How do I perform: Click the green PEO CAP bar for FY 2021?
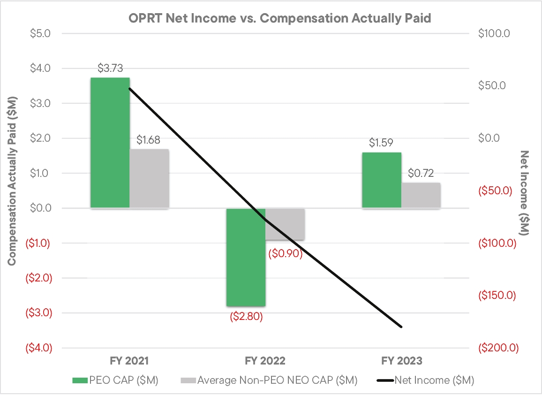(110, 143)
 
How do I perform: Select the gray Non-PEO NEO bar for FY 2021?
(149, 179)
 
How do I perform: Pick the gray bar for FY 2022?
(285, 224)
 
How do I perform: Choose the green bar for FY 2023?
(381, 180)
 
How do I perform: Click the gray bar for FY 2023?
(421, 195)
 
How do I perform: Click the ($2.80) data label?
(246, 316)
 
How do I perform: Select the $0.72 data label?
(421, 173)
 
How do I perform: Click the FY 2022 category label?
(265, 361)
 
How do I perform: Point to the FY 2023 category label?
(401, 361)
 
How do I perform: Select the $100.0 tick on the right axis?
(496, 34)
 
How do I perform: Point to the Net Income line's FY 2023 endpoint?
(401, 327)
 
